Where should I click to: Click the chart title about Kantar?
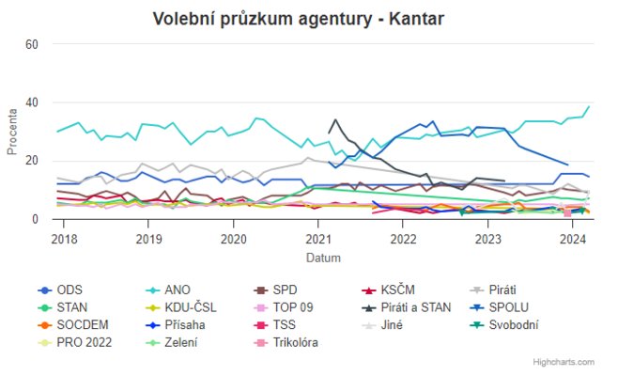(299, 19)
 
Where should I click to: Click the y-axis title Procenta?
(11, 132)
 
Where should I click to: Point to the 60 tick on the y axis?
(32, 44)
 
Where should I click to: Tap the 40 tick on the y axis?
(32, 102)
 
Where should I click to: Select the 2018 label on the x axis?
(64, 239)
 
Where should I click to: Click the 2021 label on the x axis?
(318, 239)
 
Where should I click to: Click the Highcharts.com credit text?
(564, 362)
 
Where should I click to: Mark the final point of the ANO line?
(589, 107)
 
